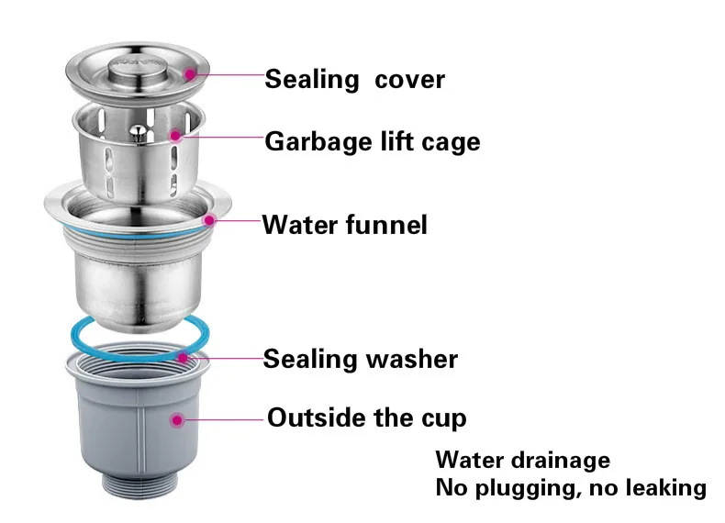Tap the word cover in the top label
coord(410,80)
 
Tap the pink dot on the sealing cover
coord(191,73)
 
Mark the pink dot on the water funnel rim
coord(210,220)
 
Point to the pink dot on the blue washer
coord(184,357)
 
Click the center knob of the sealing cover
coord(139,64)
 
